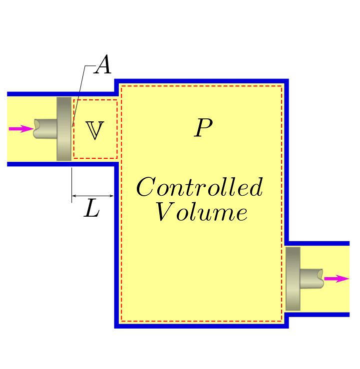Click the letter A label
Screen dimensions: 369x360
tap(103, 65)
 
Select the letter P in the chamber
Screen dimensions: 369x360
tap(203, 129)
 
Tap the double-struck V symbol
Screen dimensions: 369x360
tap(95, 130)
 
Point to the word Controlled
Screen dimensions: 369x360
tap(199, 188)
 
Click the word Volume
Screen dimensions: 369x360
tap(201, 213)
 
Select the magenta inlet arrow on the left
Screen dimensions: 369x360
tap(20, 129)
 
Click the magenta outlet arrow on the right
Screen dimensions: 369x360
tap(336, 279)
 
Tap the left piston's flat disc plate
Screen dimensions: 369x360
tap(64, 129)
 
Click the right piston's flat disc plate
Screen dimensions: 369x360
tap(293, 278)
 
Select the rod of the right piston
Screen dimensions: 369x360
tap(312, 278)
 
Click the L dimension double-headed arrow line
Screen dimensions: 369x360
tap(93, 195)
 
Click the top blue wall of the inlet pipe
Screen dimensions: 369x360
tap(60, 93)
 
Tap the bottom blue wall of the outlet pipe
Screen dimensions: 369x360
tap(320, 315)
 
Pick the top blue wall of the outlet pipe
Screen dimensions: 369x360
tap(320, 243)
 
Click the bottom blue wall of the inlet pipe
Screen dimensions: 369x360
tap(60, 164)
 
